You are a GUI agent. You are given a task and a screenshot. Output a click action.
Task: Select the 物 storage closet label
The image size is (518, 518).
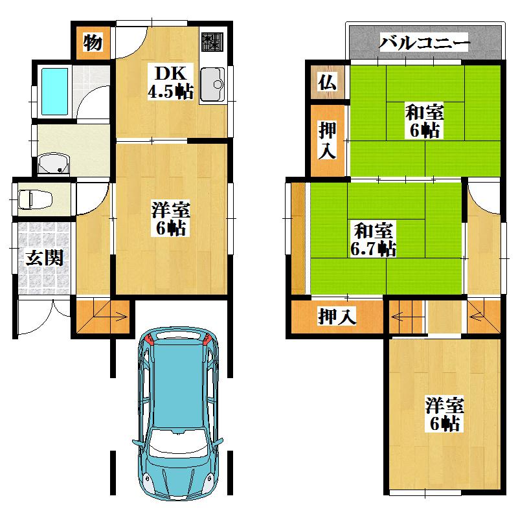[x=93, y=43]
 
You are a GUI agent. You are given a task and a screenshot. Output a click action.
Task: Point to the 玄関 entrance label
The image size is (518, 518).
[x=44, y=258]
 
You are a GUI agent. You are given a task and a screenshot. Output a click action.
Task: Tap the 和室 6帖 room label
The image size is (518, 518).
[x=424, y=120]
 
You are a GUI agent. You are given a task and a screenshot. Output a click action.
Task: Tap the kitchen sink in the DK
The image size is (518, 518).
[x=212, y=85]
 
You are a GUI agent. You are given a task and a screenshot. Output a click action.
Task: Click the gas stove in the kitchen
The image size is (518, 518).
[x=212, y=42]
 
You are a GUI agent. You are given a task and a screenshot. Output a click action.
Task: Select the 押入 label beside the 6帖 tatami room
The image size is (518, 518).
[x=327, y=141]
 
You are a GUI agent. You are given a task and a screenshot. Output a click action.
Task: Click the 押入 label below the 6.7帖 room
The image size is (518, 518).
[x=337, y=317]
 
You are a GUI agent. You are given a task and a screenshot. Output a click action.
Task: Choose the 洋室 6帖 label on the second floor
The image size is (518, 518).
[x=444, y=415]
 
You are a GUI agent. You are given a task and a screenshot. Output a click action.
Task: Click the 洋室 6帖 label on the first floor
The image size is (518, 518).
[x=170, y=218]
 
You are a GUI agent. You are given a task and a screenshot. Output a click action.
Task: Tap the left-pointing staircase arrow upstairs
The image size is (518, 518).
[x=399, y=317]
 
